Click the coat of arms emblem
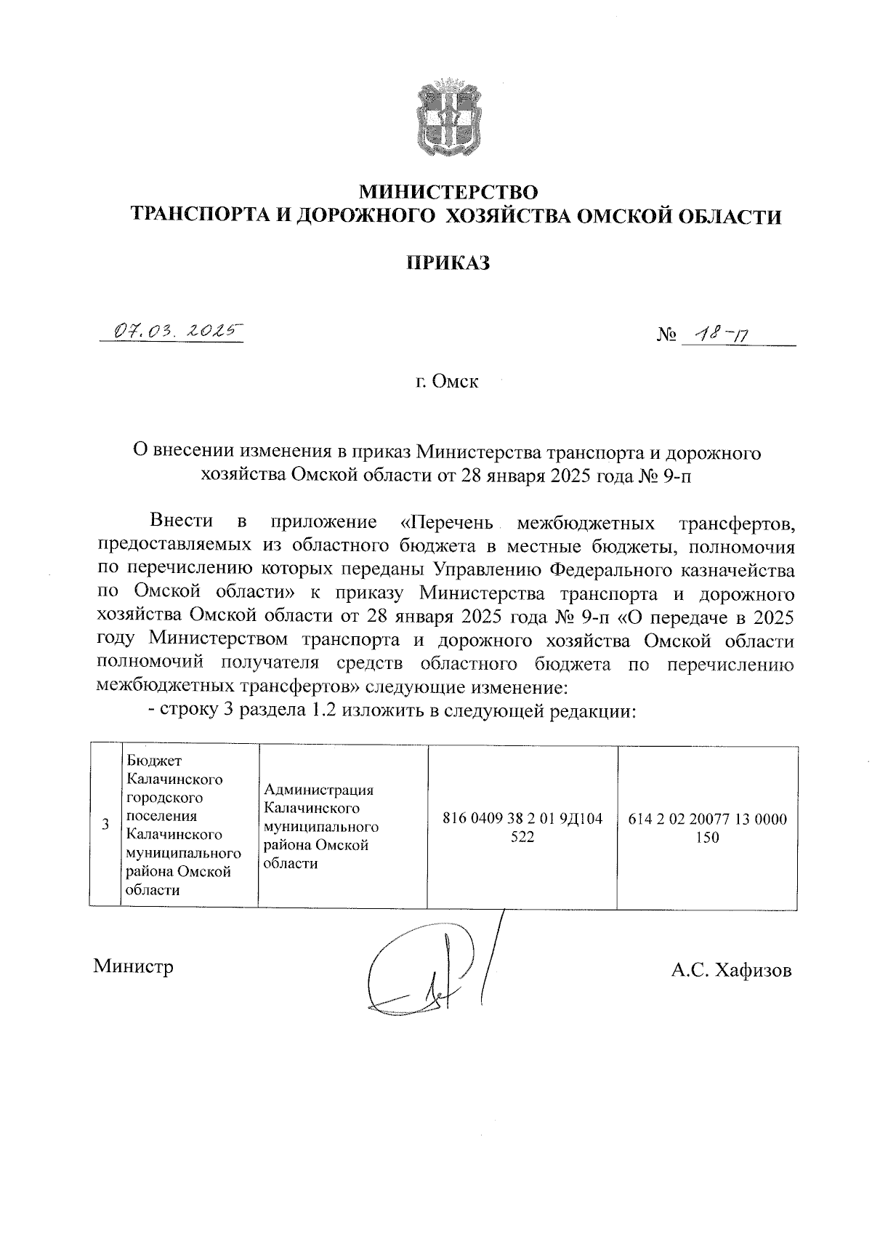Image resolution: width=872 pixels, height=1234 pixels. [449, 119]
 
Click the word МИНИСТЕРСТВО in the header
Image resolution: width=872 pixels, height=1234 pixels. [450, 193]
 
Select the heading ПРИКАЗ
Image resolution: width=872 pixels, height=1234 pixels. [447, 263]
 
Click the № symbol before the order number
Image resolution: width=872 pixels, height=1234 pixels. [666, 335]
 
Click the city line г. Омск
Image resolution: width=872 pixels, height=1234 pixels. [447, 381]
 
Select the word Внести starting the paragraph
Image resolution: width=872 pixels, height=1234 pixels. [181, 521]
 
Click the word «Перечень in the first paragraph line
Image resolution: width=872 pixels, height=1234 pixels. [447, 522]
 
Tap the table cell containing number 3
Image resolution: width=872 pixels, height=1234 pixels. [106, 825]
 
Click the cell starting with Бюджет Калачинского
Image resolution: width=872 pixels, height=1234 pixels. [188, 825]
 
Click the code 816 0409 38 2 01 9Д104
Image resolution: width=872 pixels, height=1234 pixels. [522, 819]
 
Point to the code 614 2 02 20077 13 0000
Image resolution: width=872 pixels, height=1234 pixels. [707, 819]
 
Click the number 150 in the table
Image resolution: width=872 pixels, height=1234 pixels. [707, 838]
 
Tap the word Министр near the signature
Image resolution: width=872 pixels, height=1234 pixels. [134, 967]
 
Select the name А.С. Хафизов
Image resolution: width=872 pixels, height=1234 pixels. [731, 971]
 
